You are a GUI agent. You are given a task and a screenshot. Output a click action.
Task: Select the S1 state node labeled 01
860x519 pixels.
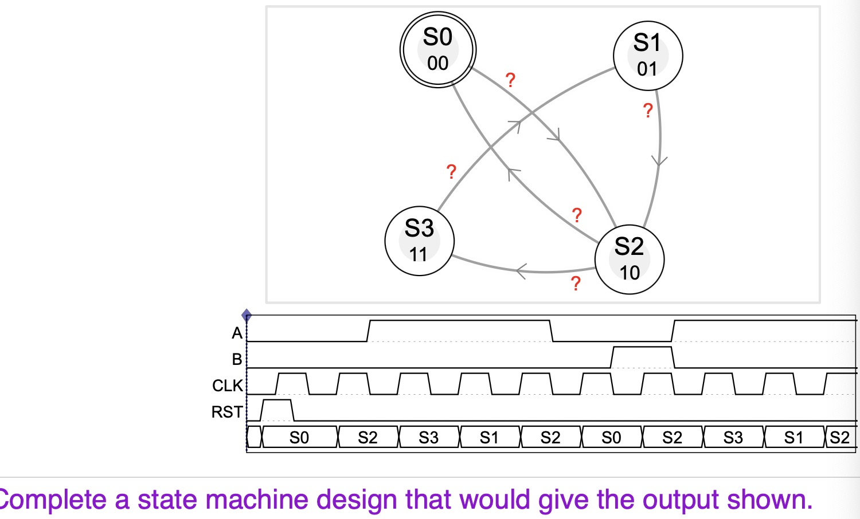point(647,56)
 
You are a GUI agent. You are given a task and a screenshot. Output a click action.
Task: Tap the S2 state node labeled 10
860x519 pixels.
point(629,259)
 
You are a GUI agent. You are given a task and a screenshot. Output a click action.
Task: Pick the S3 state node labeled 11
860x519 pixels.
point(419,241)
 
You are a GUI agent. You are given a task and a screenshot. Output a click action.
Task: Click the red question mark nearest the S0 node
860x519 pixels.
point(510,80)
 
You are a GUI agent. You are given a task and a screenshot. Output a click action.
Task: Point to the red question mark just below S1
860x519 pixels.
point(648,111)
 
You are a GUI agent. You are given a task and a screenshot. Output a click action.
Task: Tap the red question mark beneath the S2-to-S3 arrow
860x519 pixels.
point(576,284)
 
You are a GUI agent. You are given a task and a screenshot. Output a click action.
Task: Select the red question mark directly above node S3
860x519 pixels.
point(451,172)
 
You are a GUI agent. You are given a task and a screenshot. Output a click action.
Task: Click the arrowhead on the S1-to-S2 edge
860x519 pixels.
point(660,161)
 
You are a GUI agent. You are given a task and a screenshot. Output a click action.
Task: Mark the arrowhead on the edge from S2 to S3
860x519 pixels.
point(521,270)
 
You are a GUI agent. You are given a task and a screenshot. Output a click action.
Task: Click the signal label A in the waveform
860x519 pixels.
point(237,333)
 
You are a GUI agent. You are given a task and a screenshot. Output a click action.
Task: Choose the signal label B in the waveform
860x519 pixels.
point(237,359)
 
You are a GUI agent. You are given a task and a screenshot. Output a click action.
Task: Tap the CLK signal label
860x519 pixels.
point(228,386)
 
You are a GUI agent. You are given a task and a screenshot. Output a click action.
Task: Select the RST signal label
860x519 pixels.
point(227,412)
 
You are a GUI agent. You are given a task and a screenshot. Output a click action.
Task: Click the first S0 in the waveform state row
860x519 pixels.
point(299,438)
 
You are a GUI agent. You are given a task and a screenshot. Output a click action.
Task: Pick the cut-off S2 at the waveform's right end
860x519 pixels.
point(840,438)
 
